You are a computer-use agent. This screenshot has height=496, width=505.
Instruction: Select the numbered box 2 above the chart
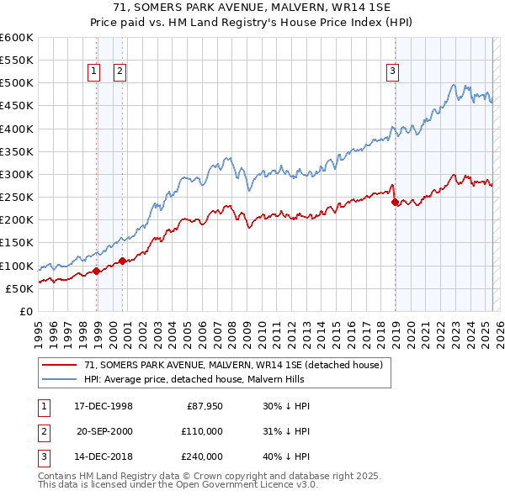coord(120,71)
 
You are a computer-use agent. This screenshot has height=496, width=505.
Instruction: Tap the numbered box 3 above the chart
coord(392,71)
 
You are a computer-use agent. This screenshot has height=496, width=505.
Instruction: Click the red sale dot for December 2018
coord(395,202)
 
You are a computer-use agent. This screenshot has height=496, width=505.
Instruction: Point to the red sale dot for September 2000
coord(123,261)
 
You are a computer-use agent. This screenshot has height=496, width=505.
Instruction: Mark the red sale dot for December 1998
coord(97,271)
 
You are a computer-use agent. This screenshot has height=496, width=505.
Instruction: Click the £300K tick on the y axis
coord(17,174)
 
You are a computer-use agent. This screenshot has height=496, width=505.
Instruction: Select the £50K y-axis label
coord(20,288)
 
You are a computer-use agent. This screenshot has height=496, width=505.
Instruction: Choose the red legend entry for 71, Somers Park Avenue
coord(233,365)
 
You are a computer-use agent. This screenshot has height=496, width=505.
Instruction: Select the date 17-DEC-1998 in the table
coord(104,406)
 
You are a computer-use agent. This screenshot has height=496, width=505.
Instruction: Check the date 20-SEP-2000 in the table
coord(104,431)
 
